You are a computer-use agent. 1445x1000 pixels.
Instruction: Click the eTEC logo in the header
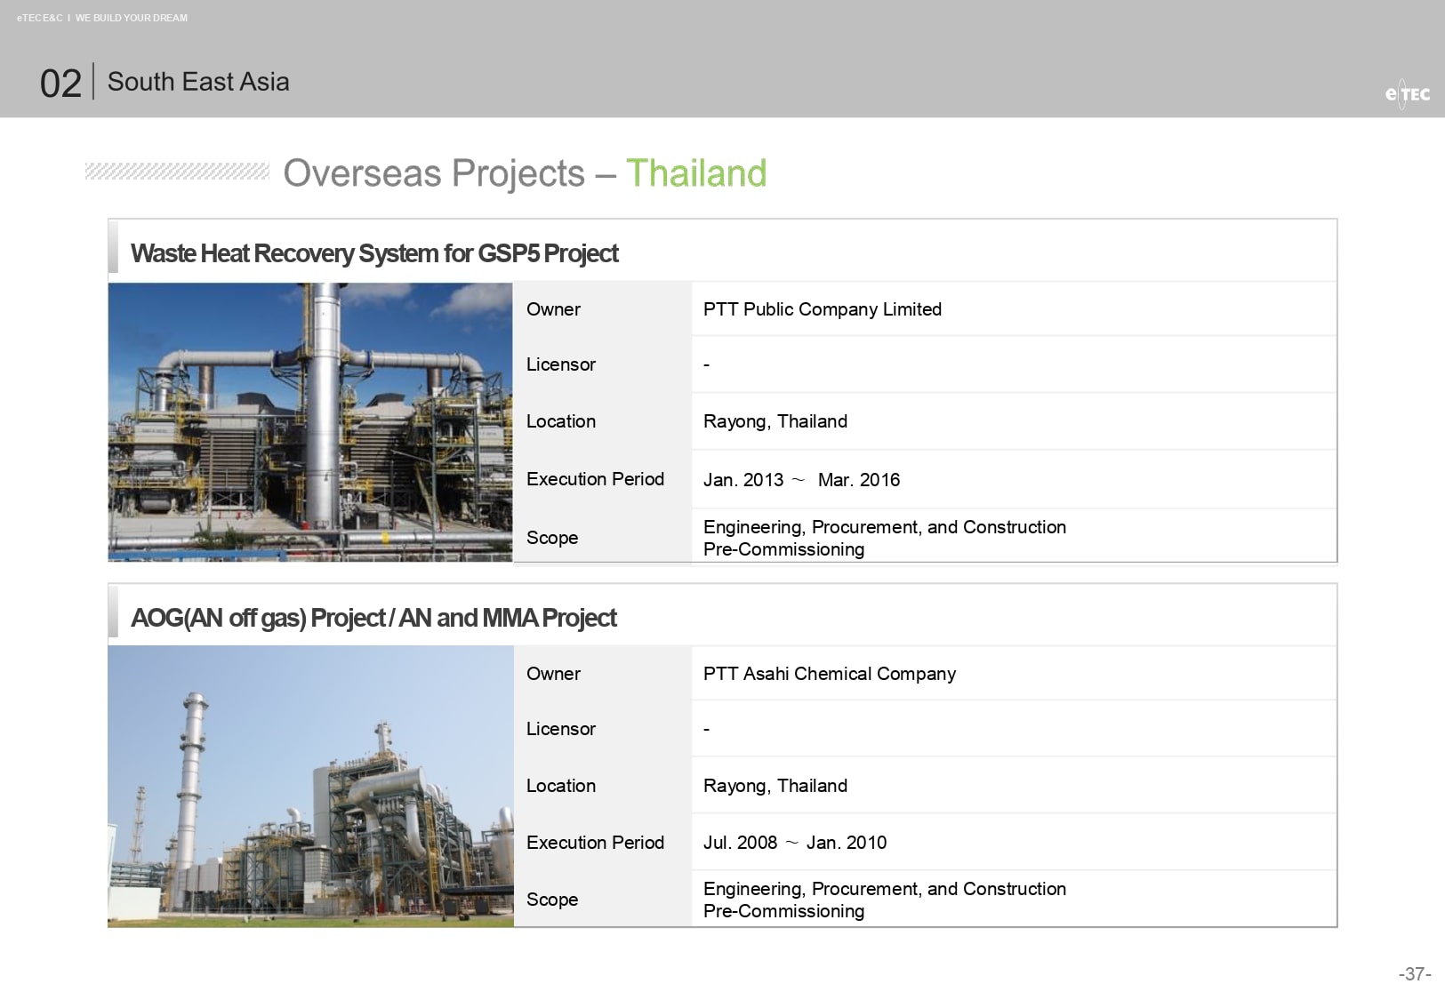(x=1407, y=94)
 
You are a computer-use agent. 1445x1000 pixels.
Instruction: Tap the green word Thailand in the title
(x=696, y=172)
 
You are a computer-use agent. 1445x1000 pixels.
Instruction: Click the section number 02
(x=60, y=84)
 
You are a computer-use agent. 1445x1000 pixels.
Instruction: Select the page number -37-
(x=1415, y=973)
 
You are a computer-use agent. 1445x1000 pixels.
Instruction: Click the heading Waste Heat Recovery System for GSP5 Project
(x=374, y=253)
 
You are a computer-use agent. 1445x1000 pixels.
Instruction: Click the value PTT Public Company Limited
(x=822, y=309)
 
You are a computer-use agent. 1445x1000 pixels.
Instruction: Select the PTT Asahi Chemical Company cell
(x=829, y=674)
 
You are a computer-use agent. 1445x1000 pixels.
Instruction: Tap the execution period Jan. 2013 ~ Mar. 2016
(x=801, y=480)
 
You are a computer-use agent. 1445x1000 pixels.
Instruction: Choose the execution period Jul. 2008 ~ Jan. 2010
(x=795, y=843)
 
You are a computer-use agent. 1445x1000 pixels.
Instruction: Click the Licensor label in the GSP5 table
(x=560, y=364)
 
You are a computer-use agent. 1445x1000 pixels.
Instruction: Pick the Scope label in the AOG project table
(x=551, y=900)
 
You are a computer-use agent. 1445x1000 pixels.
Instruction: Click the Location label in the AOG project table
(x=560, y=785)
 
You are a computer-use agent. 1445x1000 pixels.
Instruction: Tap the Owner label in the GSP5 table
(x=553, y=309)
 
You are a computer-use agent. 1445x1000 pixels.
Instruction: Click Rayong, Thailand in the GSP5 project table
(x=775, y=421)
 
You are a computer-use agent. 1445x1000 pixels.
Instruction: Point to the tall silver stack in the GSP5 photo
(x=325, y=406)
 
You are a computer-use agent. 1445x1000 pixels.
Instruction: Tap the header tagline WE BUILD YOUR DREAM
(x=132, y=18)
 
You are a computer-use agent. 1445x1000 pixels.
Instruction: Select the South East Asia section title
(x=198, y=82)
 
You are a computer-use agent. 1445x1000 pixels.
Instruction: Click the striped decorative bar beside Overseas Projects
(x=177, y=172)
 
